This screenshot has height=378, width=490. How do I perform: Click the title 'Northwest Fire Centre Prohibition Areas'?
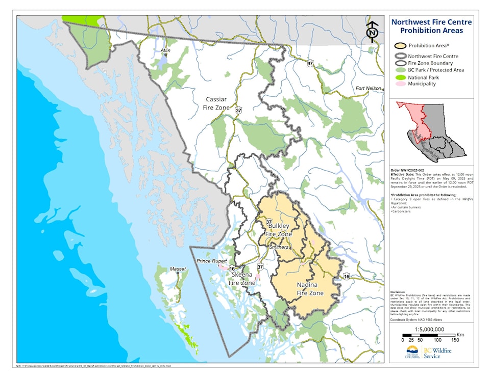(431, 26)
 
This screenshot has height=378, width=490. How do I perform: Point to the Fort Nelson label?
(369, 88)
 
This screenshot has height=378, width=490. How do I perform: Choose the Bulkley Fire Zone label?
(279, 229)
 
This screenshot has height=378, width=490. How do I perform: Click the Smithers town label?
(279, 247)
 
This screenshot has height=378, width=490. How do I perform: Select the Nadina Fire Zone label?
(310, 289)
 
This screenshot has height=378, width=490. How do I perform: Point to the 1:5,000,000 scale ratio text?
(431, 329)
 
